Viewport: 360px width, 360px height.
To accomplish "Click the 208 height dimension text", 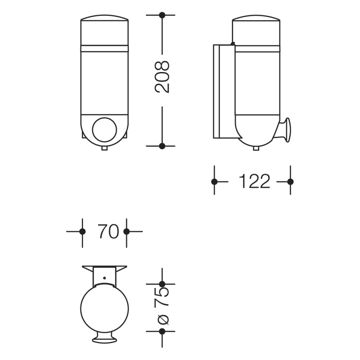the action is point(162,77).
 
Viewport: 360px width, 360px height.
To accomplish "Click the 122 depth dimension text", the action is point(254,181).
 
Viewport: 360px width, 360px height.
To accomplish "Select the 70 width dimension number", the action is point(108,231).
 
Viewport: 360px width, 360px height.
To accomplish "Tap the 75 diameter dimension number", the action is point(162,297).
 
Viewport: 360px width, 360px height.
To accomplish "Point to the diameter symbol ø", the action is point(163,319).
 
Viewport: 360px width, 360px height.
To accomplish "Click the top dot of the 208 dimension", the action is point(162,15).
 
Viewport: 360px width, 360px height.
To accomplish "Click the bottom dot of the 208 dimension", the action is point(162,146).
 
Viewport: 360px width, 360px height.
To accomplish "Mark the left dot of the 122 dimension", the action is point(214,182).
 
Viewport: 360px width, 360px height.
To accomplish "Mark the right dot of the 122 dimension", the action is point(290,182).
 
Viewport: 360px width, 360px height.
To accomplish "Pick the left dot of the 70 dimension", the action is point(82,231).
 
